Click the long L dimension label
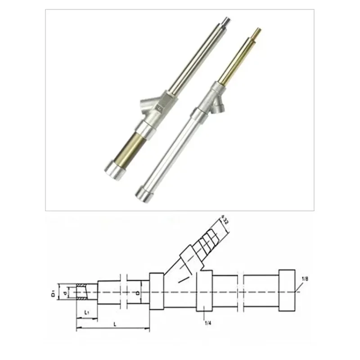[115, 324]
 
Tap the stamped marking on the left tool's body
[158, 108]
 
